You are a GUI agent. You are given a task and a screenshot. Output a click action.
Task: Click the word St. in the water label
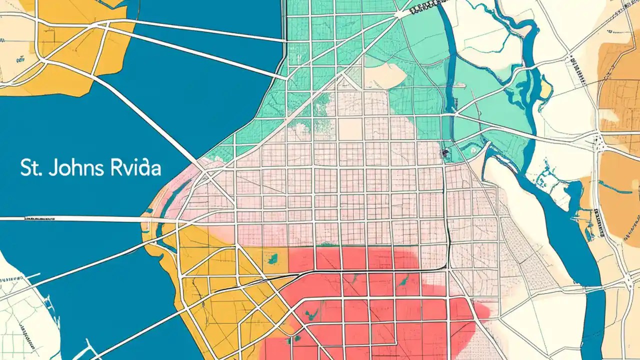point(29,168)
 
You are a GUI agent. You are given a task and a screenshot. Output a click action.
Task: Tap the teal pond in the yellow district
point(273,258)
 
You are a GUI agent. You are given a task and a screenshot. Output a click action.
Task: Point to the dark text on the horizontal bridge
point(40,218)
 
